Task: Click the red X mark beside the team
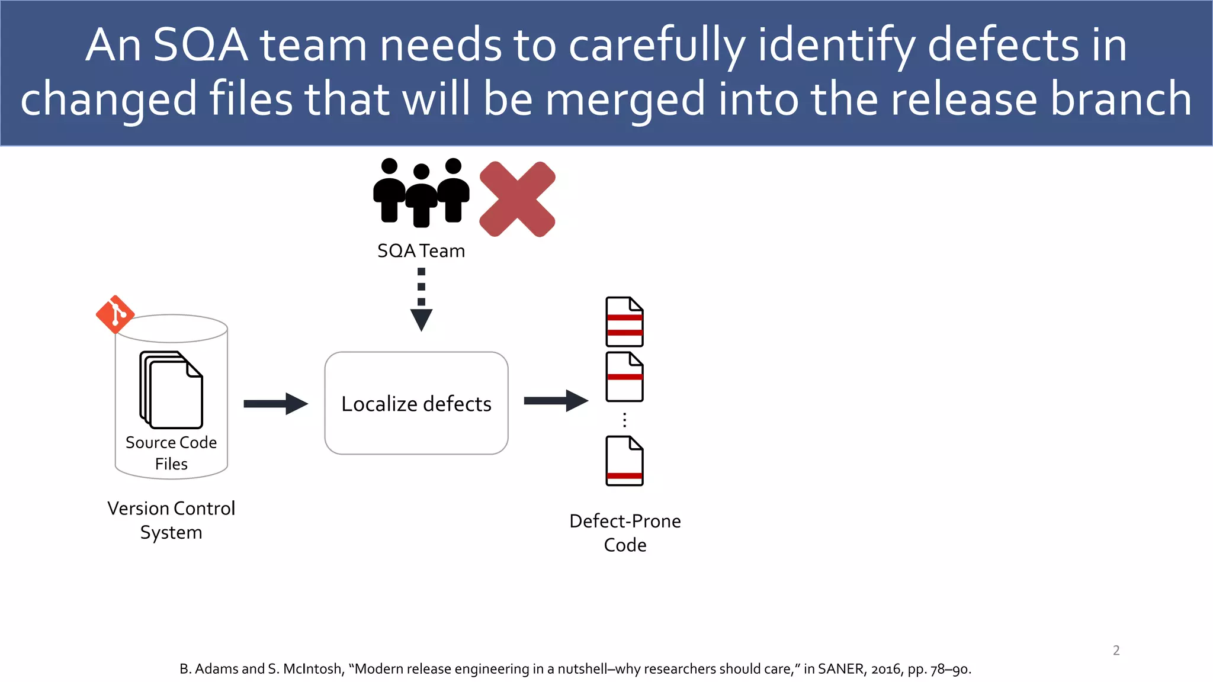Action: [x=517, y=200]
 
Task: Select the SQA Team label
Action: [x=421, y=251]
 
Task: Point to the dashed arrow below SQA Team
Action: [x=421, y=300]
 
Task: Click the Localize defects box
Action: [x=416, y=403]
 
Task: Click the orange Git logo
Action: [x=115, y=314]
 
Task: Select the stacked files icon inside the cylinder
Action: [x=171, y=390]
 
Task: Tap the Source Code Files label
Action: [x=171, y=453]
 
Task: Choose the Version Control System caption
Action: [x=171, y=520]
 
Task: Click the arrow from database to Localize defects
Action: [x=275, y=404]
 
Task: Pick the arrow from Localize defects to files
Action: [x=556, y=401]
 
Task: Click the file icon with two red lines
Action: [x=624, y=321]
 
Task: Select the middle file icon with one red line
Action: [x=624, y=377]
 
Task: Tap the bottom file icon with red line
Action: [x=624, y=461]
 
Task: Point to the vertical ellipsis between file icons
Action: [x=624, y=420]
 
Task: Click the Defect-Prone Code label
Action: [x=625, y=532]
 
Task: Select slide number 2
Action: [x=1116, y=650]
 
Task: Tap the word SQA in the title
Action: [x=200, y=45]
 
